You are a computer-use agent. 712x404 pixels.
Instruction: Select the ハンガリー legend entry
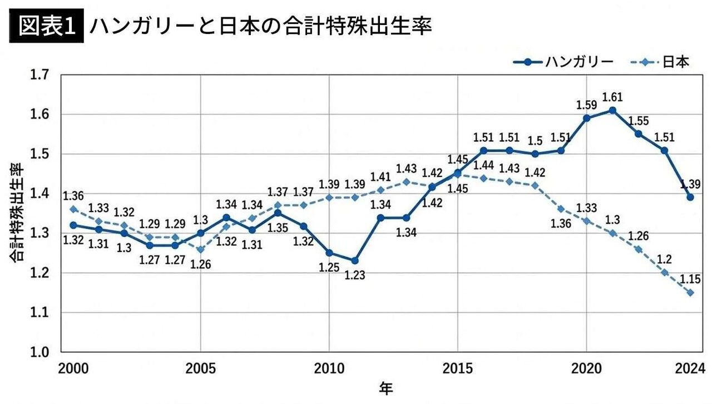click(562, 62)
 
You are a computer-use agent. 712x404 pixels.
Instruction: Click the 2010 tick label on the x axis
click(329, 369)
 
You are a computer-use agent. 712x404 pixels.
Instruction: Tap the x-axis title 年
click(385, 388)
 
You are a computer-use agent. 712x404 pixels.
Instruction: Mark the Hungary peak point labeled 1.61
click(612, 110)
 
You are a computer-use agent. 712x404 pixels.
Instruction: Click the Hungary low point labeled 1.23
click(355, 260)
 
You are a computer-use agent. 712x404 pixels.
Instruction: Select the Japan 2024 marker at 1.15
click(690, 293)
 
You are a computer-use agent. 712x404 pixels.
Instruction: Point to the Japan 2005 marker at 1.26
click(200, 249)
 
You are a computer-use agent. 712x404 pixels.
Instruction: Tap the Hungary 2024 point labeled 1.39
click(690, 197)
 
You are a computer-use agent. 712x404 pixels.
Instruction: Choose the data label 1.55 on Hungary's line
click(638, 121)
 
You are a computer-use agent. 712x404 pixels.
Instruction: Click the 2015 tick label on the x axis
click(457, 369)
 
